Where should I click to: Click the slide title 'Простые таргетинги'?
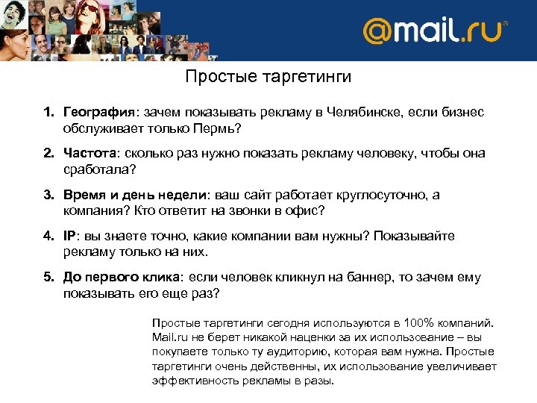(268, 77)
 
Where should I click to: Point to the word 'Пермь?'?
(222, 128)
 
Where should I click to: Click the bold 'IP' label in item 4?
(69, 237)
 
